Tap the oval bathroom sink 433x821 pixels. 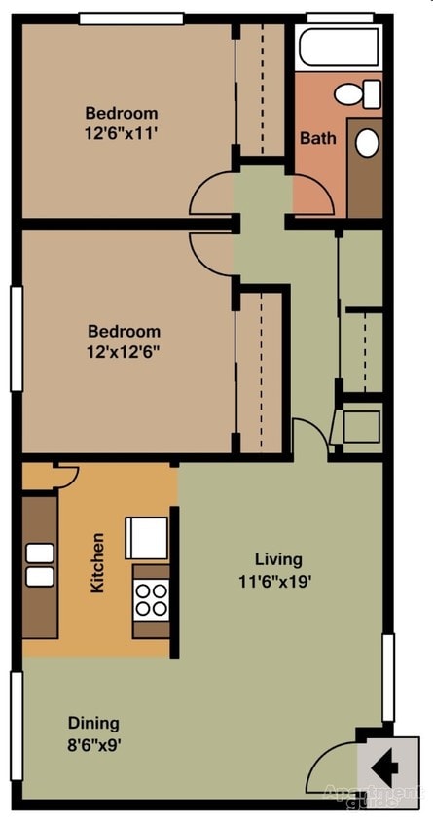[367, 142]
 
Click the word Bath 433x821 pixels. [317, 138]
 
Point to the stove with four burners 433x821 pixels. [152, 598]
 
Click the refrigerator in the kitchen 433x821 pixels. [146, 538]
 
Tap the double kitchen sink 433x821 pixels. [40, 565]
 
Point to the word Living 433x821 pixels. [278, 559]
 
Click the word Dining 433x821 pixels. [93, 723]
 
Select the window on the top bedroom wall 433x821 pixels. [130, 18]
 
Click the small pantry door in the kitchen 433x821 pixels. [66, 475]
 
